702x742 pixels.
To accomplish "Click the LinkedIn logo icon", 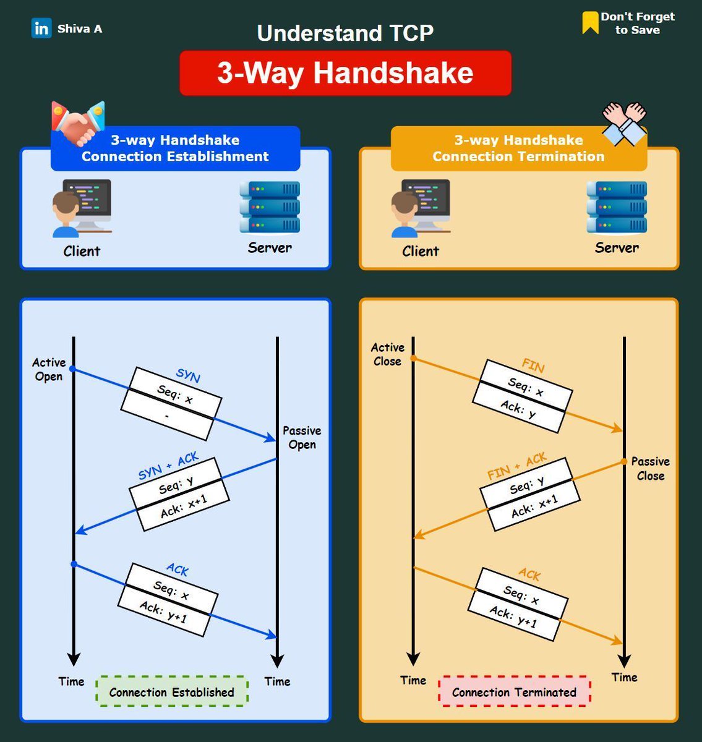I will pos(41,28).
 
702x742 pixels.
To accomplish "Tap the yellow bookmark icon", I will pos(591,23).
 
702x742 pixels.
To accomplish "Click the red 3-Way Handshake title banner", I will pos(345,73).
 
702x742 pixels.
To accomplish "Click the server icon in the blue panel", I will pos(270,207).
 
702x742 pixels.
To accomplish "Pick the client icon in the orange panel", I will pos(421,209).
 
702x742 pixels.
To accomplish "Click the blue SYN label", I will pos(188,375).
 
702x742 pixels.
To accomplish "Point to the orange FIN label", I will pos(533,366).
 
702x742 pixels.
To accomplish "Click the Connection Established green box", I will pos(172,692).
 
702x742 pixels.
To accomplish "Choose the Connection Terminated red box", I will pos(514,692).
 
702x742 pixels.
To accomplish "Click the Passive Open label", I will pos(302,437).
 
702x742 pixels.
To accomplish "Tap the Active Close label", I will pos(388,354).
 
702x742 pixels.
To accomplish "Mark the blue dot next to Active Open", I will pos(72,369).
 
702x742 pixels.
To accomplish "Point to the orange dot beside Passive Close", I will pos(625,462).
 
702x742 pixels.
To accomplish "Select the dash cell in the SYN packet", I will pos(167,417).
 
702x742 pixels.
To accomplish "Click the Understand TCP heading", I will pos(345,33).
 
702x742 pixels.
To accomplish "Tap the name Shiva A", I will pos(80,28).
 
